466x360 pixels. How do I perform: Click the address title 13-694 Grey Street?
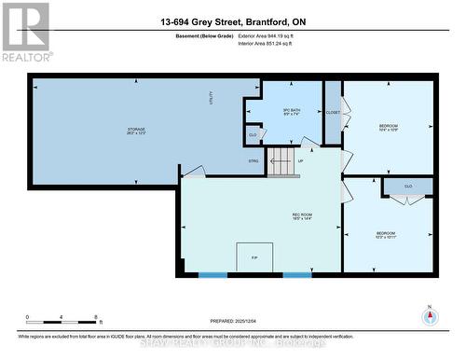pos(233,22)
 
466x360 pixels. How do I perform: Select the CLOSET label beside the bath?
pos(333,111)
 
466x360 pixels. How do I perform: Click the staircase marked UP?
pos(282,160)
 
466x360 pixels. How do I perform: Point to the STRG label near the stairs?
pos(253,161)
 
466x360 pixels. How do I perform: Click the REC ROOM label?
pos(302,216)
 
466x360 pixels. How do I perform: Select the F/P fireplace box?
pos(254,257)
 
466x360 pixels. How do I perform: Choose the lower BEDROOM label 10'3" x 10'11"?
pos(386,235)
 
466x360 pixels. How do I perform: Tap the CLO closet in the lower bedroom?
pos(408,187)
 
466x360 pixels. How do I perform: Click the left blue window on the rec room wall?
pos(212,274)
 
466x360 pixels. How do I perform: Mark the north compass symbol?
pos(430,316)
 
